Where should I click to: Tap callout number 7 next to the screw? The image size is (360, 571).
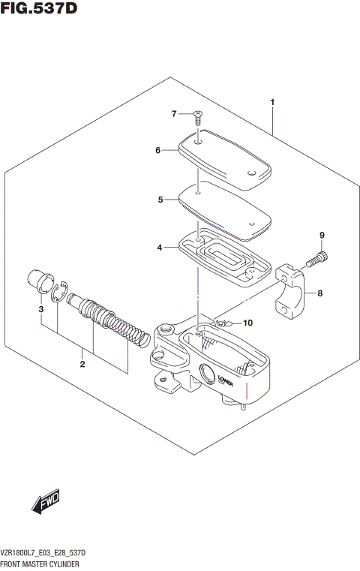[173, 114]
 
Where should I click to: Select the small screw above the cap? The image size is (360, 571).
[197, 116]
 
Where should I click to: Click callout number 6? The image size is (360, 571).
[158, 150]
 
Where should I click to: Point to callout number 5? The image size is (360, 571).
[160, 200]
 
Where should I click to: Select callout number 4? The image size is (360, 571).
[159, 247]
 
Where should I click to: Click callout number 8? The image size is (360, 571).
[319, 293]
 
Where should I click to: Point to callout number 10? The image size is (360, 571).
[248, 323]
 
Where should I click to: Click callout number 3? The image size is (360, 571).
[41, 308]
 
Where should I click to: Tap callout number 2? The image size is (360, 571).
[82, 365]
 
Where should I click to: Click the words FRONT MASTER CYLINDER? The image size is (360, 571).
[45, 562]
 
